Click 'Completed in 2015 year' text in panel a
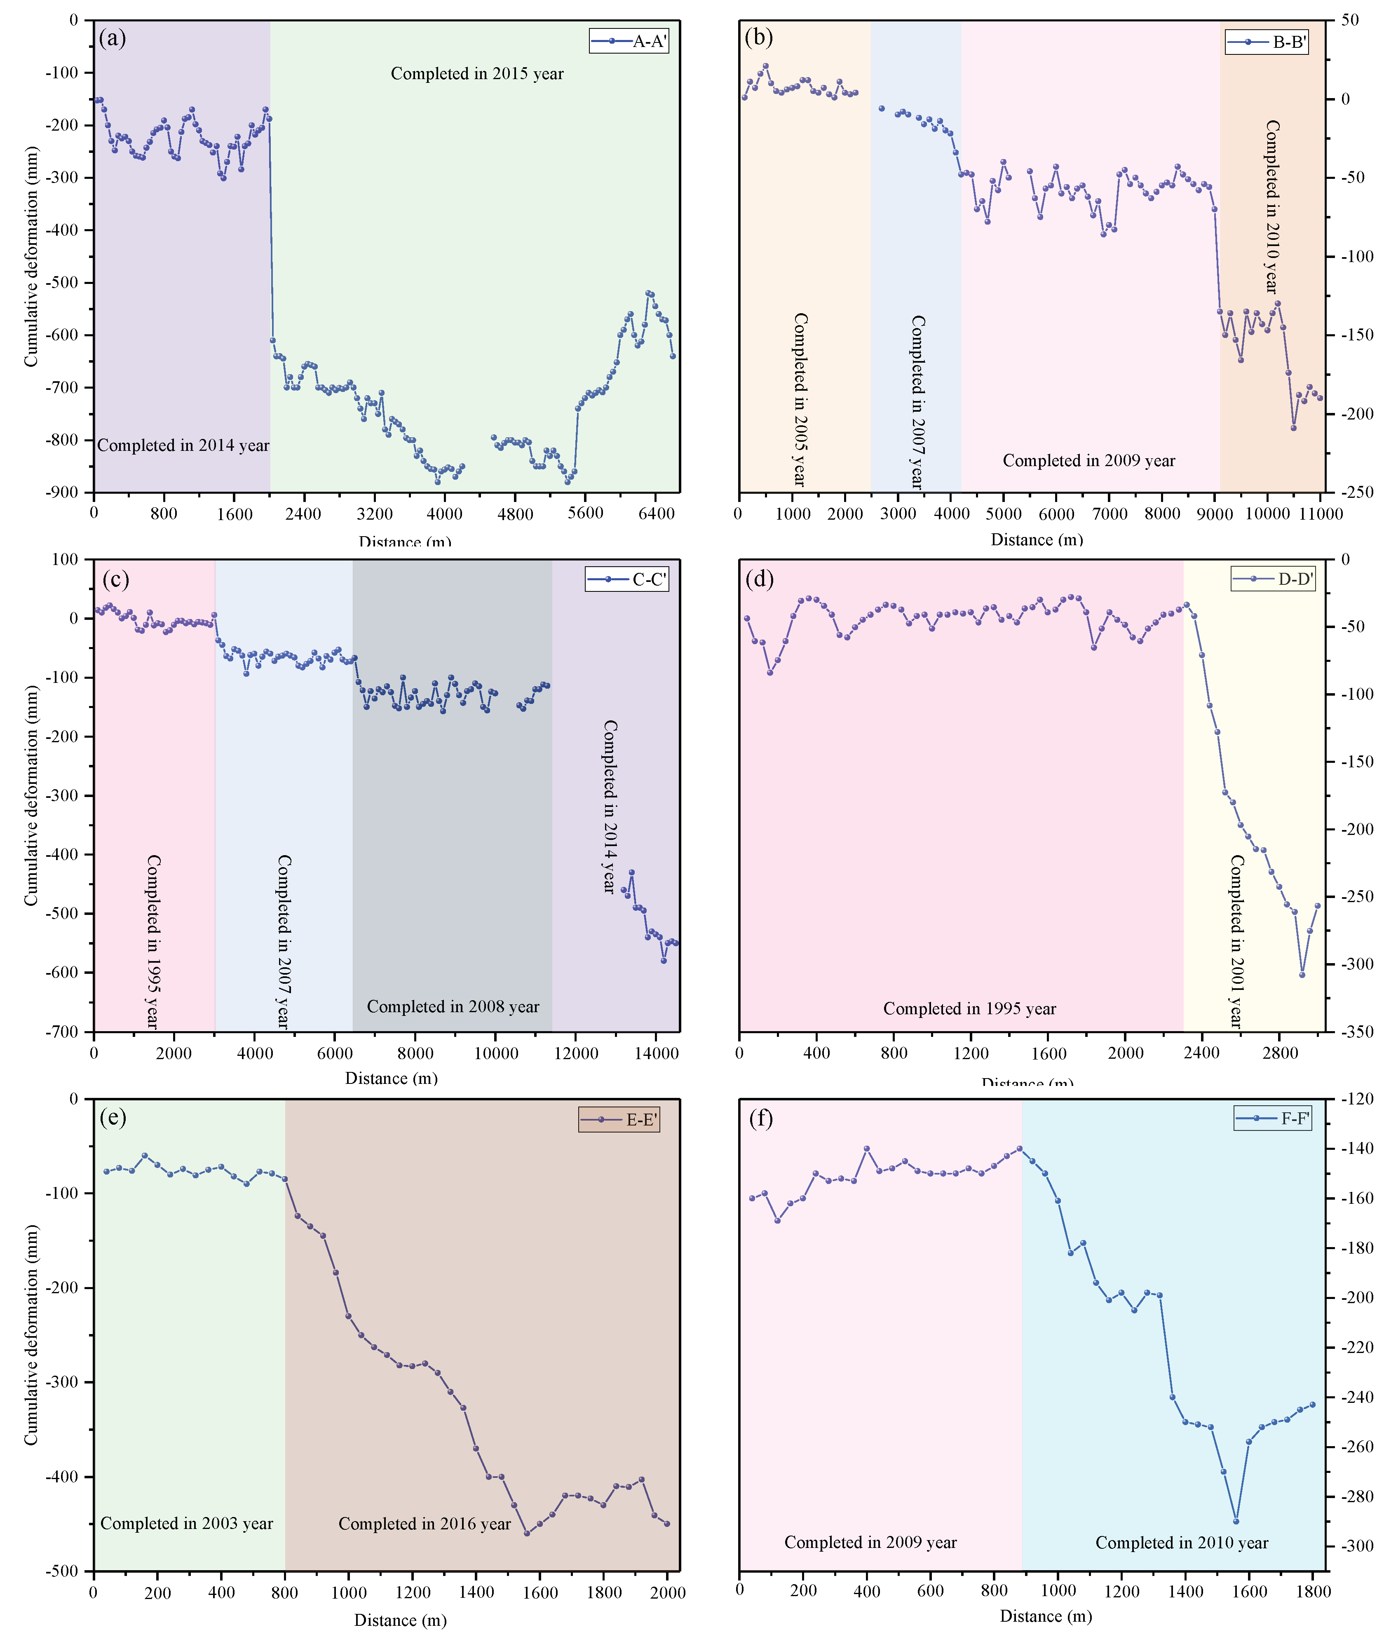477,74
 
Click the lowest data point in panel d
1302,975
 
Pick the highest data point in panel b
766,66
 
